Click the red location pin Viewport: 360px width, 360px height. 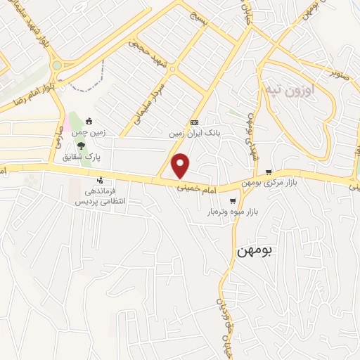[182, 165]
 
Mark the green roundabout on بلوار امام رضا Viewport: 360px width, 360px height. [57, 65]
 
